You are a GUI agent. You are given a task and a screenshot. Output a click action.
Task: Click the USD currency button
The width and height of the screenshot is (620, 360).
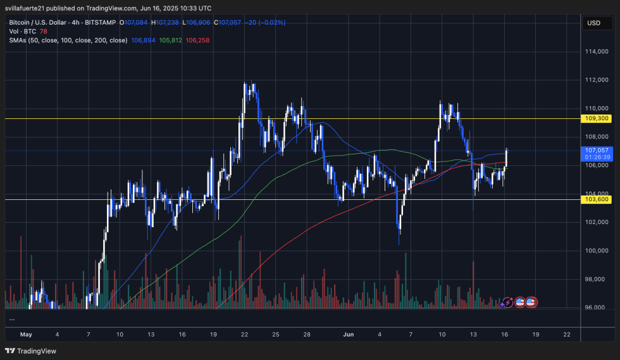pos(593,23)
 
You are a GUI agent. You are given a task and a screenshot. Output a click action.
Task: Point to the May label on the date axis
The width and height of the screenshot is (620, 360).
pos(26,334)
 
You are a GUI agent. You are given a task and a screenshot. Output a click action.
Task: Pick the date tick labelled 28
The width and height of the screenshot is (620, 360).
pos(306,334)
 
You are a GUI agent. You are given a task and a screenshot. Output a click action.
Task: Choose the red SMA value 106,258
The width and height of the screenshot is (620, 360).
pos(197,40)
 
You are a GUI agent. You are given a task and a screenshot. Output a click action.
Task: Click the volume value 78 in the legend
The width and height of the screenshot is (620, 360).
pos(44,31)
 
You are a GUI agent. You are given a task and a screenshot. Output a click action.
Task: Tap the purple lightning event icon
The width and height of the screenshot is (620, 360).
pos(506,302)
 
